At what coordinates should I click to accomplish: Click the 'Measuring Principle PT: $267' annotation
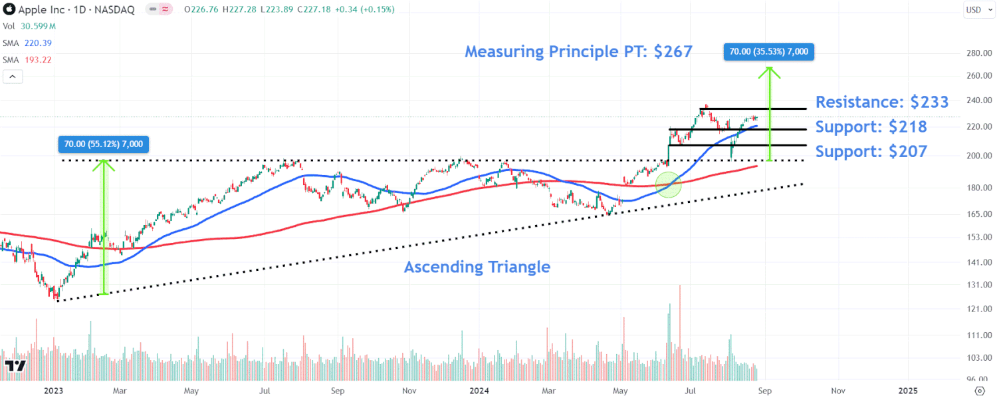(x=578, y=51)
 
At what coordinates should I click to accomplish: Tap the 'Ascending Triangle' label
(x=477, y=267)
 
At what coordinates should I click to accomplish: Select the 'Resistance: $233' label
(x=881, y=102)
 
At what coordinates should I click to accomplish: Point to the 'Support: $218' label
(x=871, y=127)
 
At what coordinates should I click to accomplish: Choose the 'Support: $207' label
(x=871, y=151)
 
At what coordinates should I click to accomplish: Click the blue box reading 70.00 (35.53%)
(x=769, y=51)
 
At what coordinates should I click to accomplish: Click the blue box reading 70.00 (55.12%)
(x=103, y=143)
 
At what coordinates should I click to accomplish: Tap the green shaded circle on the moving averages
(x=669, y=184)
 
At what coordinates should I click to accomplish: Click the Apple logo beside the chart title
(x=9, y=9)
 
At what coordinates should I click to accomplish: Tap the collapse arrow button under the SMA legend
(x=13, y=77)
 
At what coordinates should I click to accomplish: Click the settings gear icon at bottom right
(x=979, y=390)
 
